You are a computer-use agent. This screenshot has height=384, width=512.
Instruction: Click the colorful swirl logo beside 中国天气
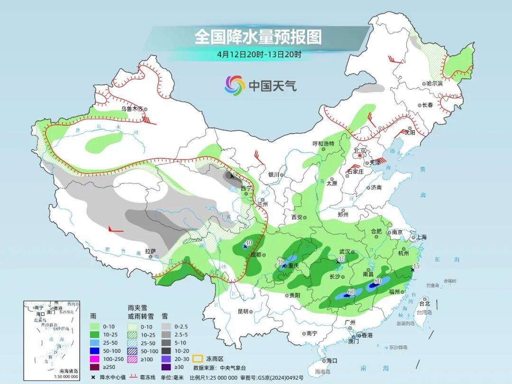(x=235, y=85)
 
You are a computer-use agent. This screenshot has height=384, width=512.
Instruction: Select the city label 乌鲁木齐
(x=131, y=109)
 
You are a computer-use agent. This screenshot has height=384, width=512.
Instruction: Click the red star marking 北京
(x=360, y=155)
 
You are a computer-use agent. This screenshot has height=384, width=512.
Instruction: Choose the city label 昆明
(x=243, y=311)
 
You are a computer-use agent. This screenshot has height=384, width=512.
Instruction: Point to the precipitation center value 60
(x=351, y=292)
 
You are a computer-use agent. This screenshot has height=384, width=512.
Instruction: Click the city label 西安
(x=297, y=217)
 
